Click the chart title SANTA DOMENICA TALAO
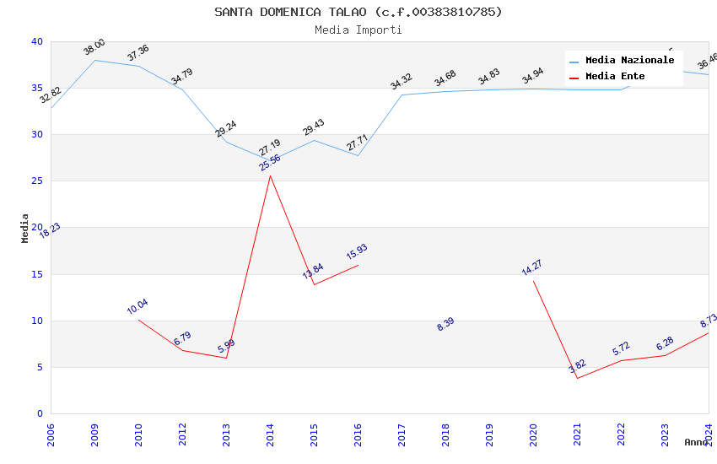tap(358, 12)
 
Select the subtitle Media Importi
tap(358, 30)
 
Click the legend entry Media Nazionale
tap(629, 61)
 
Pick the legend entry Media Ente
tap(615, 77)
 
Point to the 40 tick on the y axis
tap(36, 42)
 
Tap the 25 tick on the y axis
tap(36, 181)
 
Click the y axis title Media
tap(25, 228)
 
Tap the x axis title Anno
tap(696, 442)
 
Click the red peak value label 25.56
tap(270, 163)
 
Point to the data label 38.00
tap(94, 47)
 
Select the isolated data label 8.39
tap(446, 324)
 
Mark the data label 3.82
tap(577, 366)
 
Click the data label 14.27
tap(532, 268)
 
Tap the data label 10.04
tap(137, 307)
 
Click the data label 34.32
tap(402, 82)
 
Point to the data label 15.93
tap(357, 252)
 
